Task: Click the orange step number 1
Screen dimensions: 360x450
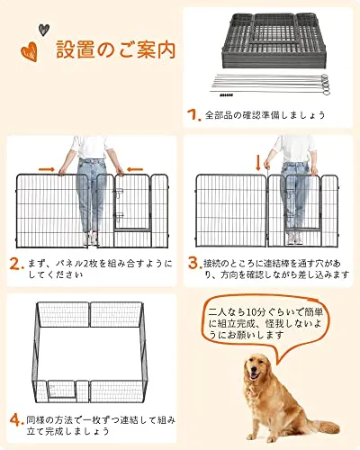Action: pos(193,114)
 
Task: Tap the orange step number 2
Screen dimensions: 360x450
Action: pos(16,264)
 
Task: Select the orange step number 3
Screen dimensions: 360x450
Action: pos(194,263)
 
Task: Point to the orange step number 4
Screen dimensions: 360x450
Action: pos(16,420)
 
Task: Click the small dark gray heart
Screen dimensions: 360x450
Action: pos(44,30)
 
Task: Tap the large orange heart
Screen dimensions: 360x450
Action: pos(30,51)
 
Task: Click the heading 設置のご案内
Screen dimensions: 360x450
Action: pos(115,49)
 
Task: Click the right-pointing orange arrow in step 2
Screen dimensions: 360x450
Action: pos(47,170)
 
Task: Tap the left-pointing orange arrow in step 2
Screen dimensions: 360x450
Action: pos(135,169)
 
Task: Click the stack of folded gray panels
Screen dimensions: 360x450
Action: pos(274,40)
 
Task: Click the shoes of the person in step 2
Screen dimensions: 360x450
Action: pos(90,239)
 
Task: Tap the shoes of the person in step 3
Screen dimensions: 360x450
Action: pos(294,238)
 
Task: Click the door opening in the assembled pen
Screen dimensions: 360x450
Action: pos(61,390)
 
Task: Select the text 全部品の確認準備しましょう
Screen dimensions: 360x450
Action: pos(265,115)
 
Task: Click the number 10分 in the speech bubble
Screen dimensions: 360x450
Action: pos(256,312)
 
